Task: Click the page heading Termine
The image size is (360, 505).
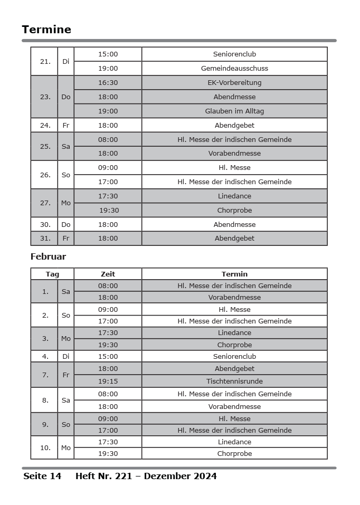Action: tap(46, 30)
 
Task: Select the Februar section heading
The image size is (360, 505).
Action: tap(48, 257)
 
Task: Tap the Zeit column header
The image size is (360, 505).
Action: tap(108, 274)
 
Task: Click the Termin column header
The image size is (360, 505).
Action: tap(234, 274)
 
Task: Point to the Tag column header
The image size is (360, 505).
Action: tap(52, 274)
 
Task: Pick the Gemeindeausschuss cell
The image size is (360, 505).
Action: tap(234, 69)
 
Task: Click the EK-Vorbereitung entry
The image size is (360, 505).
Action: tap(234, 83)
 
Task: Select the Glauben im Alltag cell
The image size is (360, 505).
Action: tap(234, 111)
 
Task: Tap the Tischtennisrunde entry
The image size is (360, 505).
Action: tap(234, 381)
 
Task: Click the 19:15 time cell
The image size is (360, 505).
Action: tap(108, 381)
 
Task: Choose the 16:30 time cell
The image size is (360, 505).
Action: tap(108, 83)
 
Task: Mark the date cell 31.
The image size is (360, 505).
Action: tap(45, 239)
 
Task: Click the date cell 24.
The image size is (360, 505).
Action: tap(45, 126)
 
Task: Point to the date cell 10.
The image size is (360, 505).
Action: tap(45, 448)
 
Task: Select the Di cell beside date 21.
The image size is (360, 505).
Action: tap(65, 62)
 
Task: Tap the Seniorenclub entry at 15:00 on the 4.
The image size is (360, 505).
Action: tap(234, 357)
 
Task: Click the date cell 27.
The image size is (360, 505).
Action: tap(45, 203)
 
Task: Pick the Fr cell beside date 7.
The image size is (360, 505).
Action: tap(65, 375)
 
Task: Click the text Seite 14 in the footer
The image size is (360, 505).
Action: tap(42, 477)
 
